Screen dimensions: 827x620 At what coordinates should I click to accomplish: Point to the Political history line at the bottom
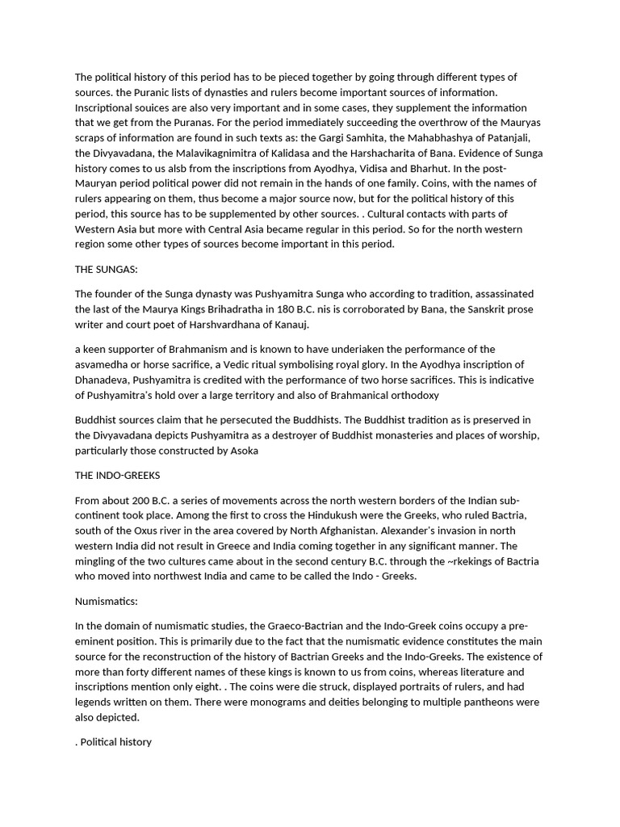[x=115, y=741]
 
